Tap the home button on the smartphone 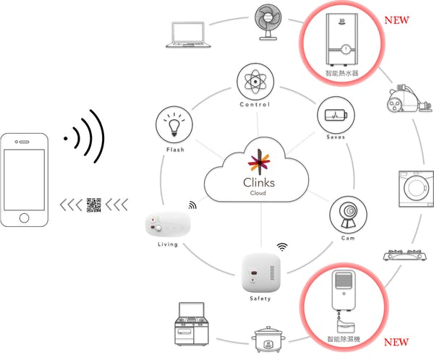pyautogui.click(x=24, y=218)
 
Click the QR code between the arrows pyautogui.click(x=94, y=205)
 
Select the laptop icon pyautogui.click(x=188, y=35)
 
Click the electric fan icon pyautogui.click(x=268, y=22)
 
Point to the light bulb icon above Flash pyautogui.click(x=174, y=124)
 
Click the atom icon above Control pyautogui.click(x=255, y=82)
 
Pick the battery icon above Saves pyautogui.click(x=336, y=115)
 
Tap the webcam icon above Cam pyautogui.click(x=348, y=215)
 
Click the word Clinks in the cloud pyautogui.click(x=259, y=183)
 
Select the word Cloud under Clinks pyautogui.click(x=258, y=193)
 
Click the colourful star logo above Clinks pyautogui.click(x=259, y=160)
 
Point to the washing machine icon pyautogui.click(x=416, y=189)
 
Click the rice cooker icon pyautogui.click(x=268, y=339)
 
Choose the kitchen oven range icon pyautogui.click(x=192, y=324)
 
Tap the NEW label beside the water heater pyautogui.click(x=396, y=20)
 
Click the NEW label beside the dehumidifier pyautogui.click(x=396, y=342)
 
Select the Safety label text pyautogui.click(x=260, y=299)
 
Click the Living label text pyautogui.click(x=168, y=244)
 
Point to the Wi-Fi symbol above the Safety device pyautogui.click(x=282, y=247)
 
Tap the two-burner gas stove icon pyautogui.click(x=404, y=255)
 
